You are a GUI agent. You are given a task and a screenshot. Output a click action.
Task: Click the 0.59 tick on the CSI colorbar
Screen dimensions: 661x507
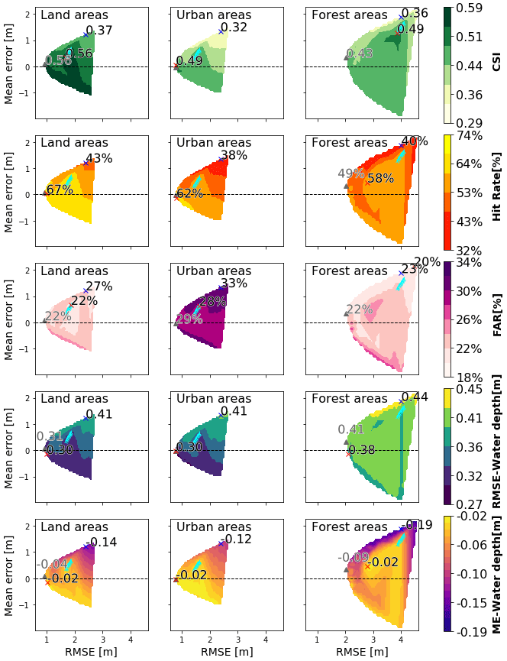pyautogui.click(x=476, y=8)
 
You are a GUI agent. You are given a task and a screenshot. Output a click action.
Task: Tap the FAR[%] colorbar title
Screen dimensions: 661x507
pyautogui.click(x=496, y=319)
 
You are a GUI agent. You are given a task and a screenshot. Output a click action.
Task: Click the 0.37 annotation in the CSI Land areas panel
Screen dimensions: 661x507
pyautogui.click(x=99, y=31)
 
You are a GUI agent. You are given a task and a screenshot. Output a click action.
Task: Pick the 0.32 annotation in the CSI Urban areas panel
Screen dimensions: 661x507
pyautogui.click(x=234, y=28)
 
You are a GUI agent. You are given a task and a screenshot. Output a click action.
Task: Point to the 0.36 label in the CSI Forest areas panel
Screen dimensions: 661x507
pyautogui.click(x=415, y=14)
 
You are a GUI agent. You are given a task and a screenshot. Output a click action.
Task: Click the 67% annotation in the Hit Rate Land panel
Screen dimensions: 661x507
pyautogui.click(x=59, y=190)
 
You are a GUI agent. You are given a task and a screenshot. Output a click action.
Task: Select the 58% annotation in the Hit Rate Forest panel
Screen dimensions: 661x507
pyautogui.click(x=381, y=179)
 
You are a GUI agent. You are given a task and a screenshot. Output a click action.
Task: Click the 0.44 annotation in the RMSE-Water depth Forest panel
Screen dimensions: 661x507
pyautogui.click(x=415, y=397)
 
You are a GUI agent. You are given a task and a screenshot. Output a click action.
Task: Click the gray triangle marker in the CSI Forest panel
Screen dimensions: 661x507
pyautogui.click(x=346, y=57)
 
